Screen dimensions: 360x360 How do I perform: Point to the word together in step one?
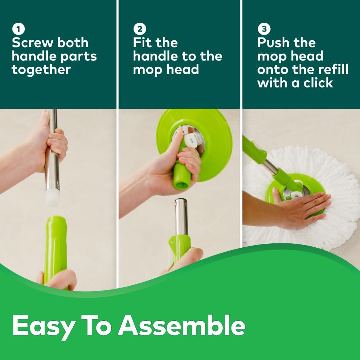(x=41, y=70)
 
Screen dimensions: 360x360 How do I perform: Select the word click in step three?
(x=315, y=83)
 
